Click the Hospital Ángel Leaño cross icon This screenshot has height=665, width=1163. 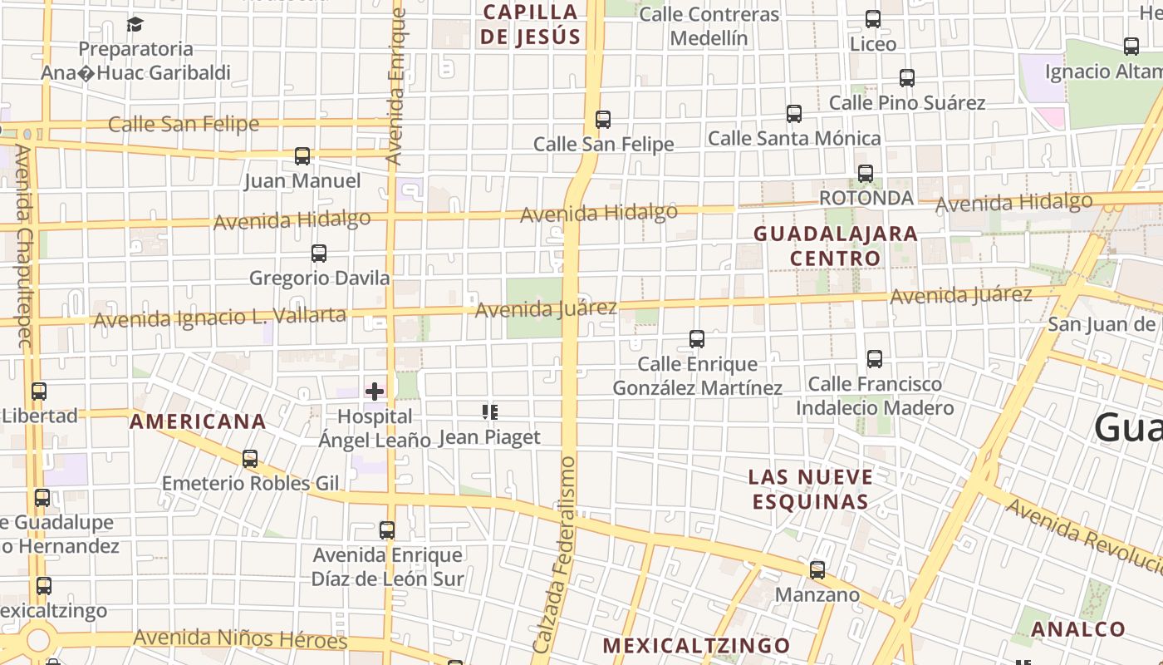375,391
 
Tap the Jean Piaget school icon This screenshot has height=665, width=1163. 489,411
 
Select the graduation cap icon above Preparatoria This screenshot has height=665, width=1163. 135,24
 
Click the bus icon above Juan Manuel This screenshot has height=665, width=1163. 302,155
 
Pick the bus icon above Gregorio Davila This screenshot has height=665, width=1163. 318,253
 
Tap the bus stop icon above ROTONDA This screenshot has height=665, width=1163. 866,174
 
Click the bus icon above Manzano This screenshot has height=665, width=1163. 817,569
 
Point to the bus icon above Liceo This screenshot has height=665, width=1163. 873,18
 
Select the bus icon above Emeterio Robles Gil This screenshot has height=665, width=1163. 250,458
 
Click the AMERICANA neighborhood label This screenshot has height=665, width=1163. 198,421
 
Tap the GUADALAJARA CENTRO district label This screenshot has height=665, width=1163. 836,245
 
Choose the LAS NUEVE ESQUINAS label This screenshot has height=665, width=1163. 811,489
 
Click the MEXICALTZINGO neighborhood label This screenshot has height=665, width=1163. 696,645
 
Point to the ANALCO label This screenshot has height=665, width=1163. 1078,629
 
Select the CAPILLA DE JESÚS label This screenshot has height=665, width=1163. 530,24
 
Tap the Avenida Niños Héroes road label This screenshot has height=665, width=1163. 240,639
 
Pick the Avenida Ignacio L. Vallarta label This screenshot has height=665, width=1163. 219,317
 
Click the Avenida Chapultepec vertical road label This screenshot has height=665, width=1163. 23,246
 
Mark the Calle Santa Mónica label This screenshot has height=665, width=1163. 794,138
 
